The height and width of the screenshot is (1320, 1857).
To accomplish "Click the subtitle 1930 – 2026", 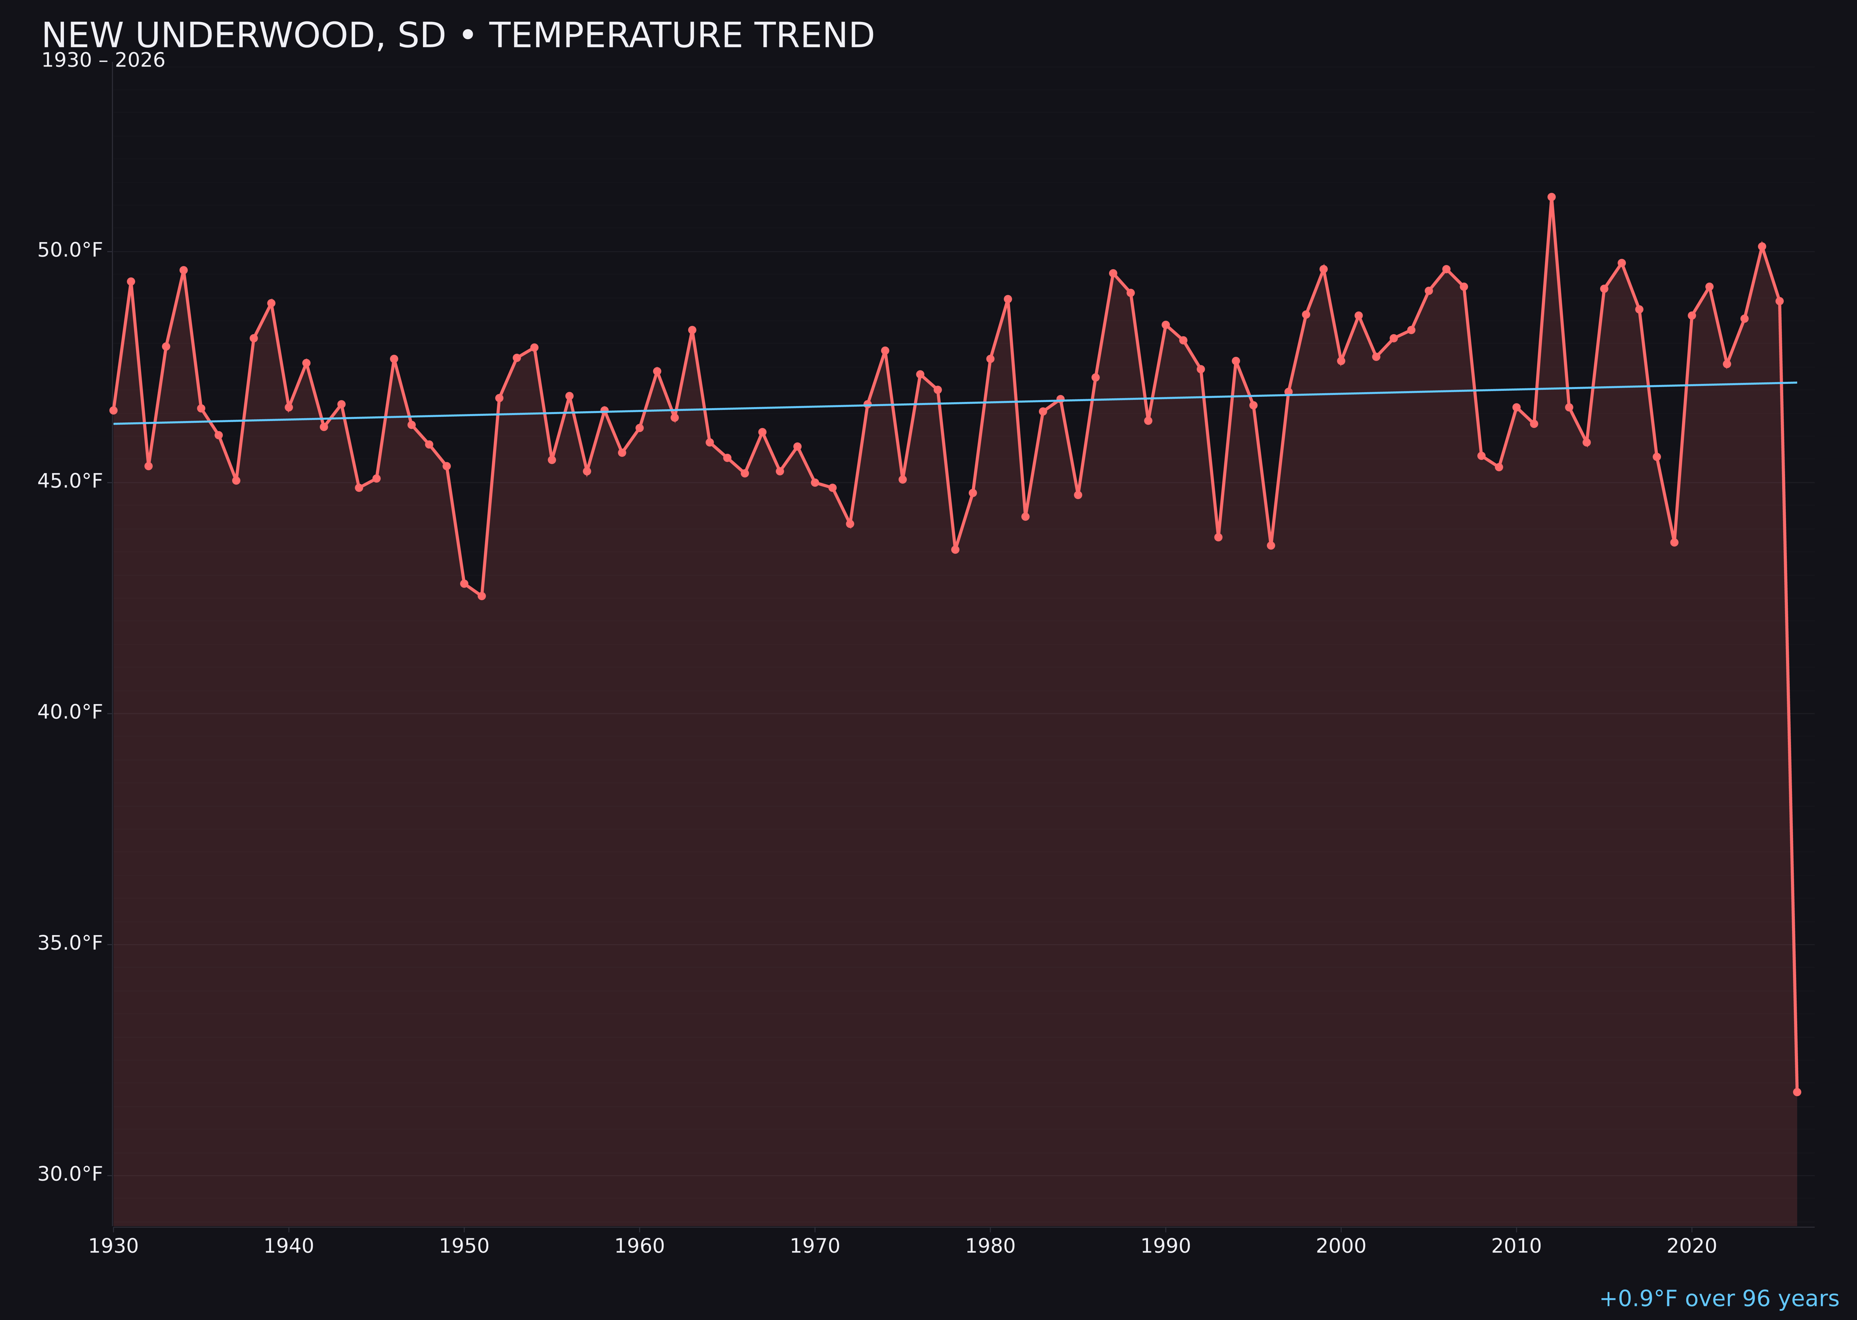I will (x=103, y=61).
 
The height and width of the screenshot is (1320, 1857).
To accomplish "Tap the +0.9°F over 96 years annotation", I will (x=1718, y=1298).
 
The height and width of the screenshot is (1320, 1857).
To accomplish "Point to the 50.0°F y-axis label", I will (x=70, y=250).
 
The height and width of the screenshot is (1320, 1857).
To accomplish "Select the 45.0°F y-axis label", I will (x=70, y=481).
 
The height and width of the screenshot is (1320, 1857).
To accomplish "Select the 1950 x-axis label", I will (x=464, y=1246).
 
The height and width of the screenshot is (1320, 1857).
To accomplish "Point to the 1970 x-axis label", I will (x=815, y=1246).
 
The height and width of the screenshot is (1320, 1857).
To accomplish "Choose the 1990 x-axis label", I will (x=1165, y=1246).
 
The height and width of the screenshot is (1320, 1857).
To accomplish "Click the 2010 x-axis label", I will (x=1516, y=1246).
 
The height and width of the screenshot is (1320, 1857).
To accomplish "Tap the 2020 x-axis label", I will (x=1691, y=1246).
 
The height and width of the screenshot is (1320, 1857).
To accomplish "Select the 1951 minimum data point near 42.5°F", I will (x=481, y=596).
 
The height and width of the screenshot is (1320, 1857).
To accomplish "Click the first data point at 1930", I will (x=114, y=410).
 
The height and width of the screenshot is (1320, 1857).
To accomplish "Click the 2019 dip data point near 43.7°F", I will (x=1674, y=542).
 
